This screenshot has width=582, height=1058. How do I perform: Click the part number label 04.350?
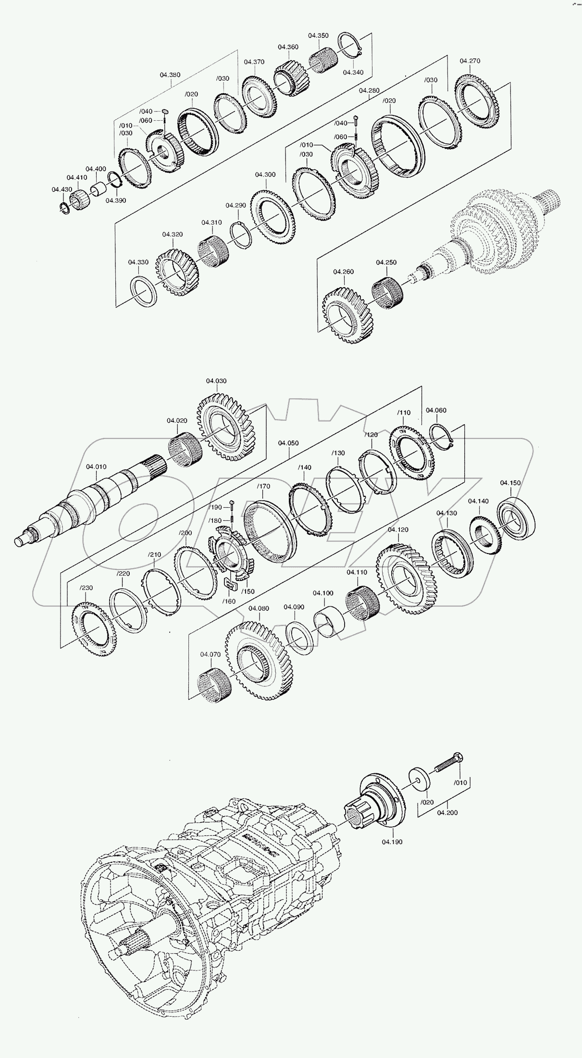(318, 36)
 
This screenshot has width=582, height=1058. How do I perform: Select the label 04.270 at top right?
(470, 61)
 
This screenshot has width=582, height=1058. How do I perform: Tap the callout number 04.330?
(138, 262)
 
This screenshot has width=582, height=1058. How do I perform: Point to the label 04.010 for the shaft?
(97, 466)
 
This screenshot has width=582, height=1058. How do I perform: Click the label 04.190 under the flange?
(392, 842)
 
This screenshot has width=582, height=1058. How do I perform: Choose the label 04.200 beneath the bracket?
(447, 813)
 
